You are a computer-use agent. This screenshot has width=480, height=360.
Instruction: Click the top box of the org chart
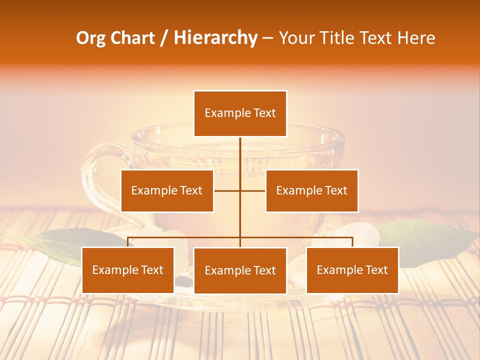point(240,113)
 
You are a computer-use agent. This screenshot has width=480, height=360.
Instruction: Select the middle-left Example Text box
point(167,190)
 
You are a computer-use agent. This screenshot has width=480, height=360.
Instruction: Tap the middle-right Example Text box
point(311,190)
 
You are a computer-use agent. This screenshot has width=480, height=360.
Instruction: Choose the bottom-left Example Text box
point(128,270)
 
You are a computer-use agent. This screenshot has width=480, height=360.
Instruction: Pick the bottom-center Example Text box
point(240,270)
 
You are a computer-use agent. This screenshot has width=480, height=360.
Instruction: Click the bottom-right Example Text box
point(352,270)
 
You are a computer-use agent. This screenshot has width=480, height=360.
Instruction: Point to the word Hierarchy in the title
point(215,38)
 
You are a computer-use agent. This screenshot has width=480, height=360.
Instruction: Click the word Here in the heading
point(416,38)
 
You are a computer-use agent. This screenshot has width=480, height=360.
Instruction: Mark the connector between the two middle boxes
point(239,190)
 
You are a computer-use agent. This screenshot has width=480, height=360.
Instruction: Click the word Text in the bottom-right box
point(376,270)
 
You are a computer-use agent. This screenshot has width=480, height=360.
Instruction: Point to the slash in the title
point(163,38)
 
